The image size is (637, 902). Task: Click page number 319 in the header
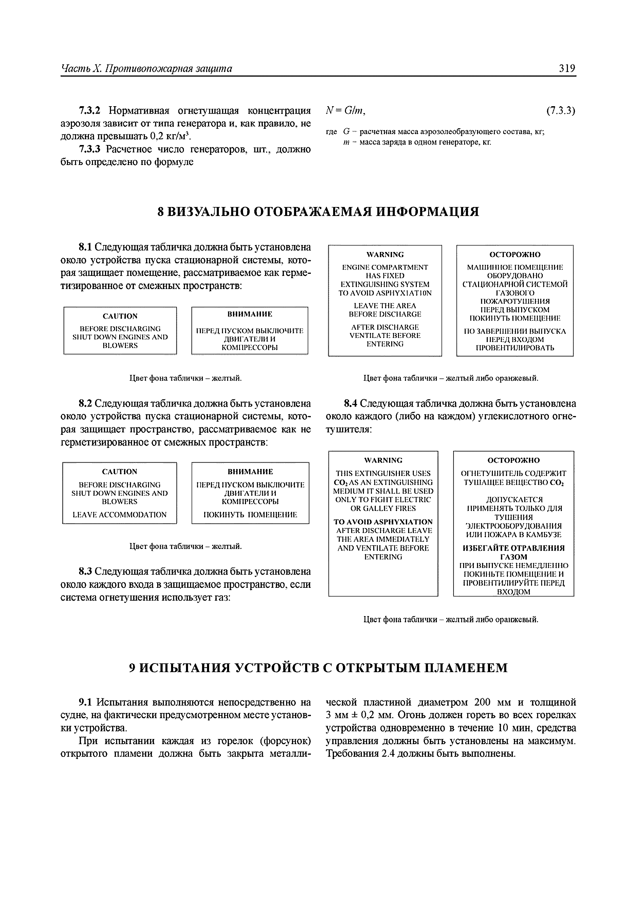(x=567, y=69)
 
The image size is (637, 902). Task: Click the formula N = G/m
(x=345, y=111)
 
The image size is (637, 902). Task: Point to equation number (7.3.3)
(x=560, y=111)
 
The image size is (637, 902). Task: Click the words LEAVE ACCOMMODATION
(x=120, y=515)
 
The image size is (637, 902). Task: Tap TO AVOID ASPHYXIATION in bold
(x=383, y=522)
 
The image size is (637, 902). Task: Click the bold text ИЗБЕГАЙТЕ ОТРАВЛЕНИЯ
(x=513, y=548)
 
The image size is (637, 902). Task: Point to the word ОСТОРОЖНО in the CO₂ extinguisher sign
(x=513, y=460)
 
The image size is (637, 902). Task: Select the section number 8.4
(x=351, y=404)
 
